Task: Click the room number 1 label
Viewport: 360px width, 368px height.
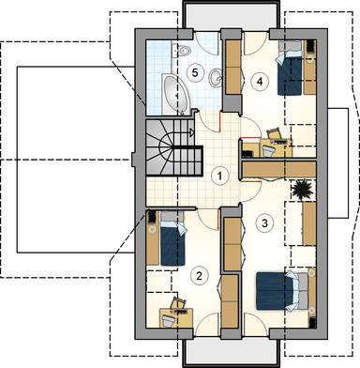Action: [220, 176]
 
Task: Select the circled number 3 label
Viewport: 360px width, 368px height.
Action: [265, 223]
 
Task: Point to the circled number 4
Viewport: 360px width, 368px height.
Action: [260, 82]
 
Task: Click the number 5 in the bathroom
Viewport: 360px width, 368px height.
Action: [195, 73]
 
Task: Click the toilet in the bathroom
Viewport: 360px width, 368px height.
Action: [182, 51]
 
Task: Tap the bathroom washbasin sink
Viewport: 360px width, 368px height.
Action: [216, 77]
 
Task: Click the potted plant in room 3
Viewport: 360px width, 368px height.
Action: [301, 189]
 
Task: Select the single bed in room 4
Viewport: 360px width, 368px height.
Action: [291, 70]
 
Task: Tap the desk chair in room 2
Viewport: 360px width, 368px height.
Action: [169, 320]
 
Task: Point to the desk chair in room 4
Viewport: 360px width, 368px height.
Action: [269, 151]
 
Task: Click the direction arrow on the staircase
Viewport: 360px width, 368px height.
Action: [191, 132]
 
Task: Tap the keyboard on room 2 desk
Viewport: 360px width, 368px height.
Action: [181, 312]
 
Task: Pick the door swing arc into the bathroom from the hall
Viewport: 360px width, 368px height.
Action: [206, 125]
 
